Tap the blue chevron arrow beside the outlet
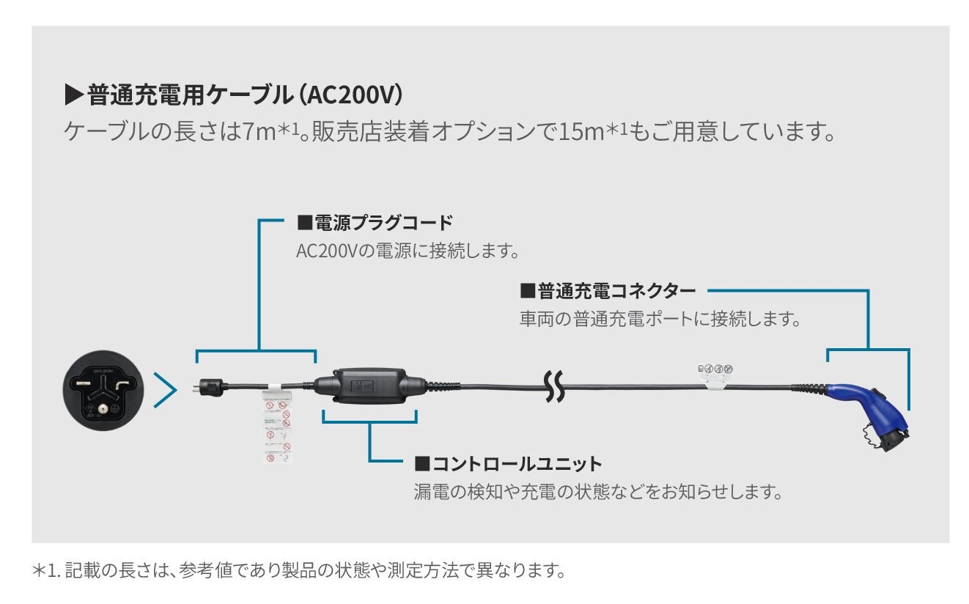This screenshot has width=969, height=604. click(166, 391)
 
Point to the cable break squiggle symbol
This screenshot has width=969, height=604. click(555, 386)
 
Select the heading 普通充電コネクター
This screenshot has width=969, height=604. click(608, 291)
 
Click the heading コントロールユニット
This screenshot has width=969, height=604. click(508, 463)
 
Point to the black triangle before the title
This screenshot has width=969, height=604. click(75, 95)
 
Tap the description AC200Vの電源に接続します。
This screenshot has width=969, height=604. click(408, 251)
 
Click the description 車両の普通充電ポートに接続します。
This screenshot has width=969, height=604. click(660, 320)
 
